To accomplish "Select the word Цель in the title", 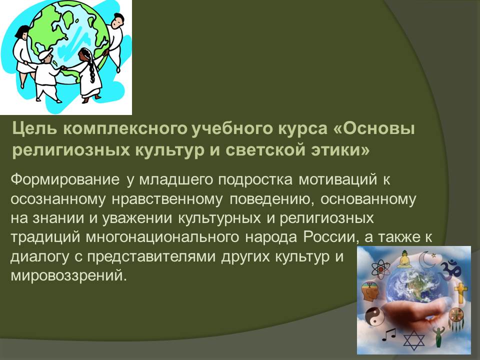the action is (34, 129).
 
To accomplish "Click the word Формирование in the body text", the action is (65, 179).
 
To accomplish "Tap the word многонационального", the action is (162, 237).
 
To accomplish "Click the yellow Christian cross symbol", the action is (460, 292).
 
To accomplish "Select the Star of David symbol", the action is (414, 340).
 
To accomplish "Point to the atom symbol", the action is (380, 269).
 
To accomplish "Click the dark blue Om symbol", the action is (451, 267).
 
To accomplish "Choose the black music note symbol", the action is (388, 335).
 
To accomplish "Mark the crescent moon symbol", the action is (425, 260).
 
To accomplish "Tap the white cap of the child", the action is (45, 54).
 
